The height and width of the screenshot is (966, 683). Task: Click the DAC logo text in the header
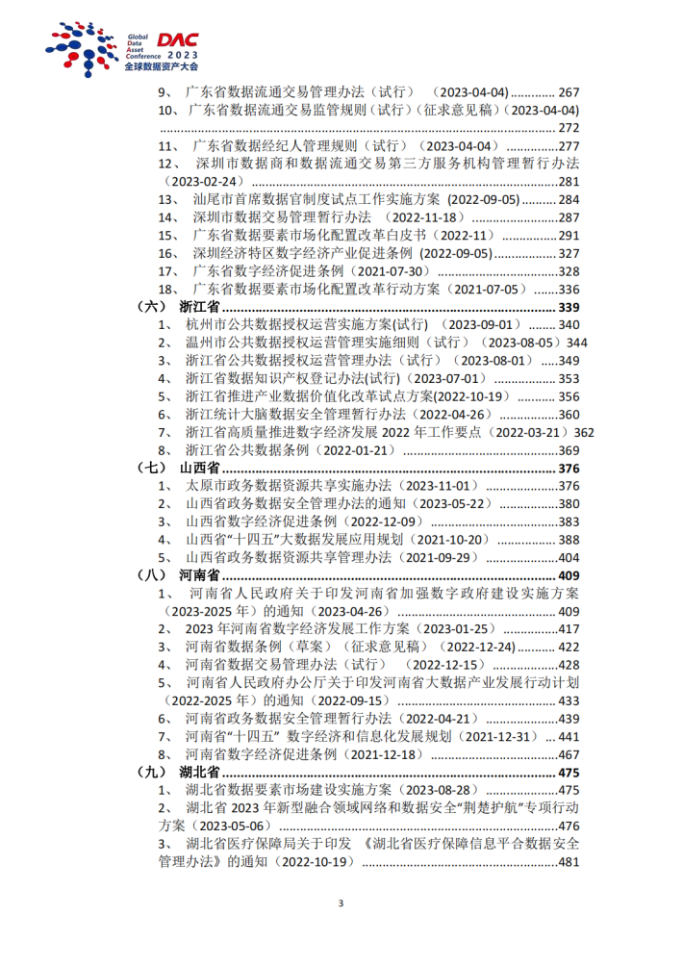177,39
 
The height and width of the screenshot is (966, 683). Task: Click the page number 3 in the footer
341,902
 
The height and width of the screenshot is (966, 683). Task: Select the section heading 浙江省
199,307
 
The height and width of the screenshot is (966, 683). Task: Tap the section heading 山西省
199,468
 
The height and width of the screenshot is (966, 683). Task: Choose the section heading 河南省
199,575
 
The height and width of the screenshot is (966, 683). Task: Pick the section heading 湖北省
199,773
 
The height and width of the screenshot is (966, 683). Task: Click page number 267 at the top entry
569,92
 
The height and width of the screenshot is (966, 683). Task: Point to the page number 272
569,128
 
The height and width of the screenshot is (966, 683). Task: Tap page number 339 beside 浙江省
569,307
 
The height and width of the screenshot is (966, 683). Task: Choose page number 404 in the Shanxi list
569,557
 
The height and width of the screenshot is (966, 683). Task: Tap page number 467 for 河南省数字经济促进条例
569,754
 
